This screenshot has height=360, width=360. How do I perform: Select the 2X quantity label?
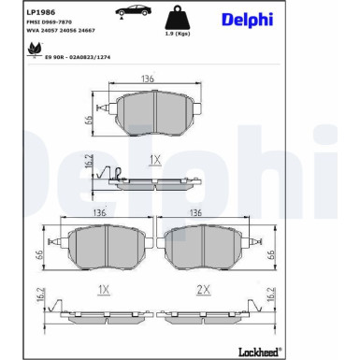pyautogui.click(x=202, y=290)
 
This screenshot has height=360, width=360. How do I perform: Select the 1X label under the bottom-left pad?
pyautogui.click(x=105, y=290)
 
